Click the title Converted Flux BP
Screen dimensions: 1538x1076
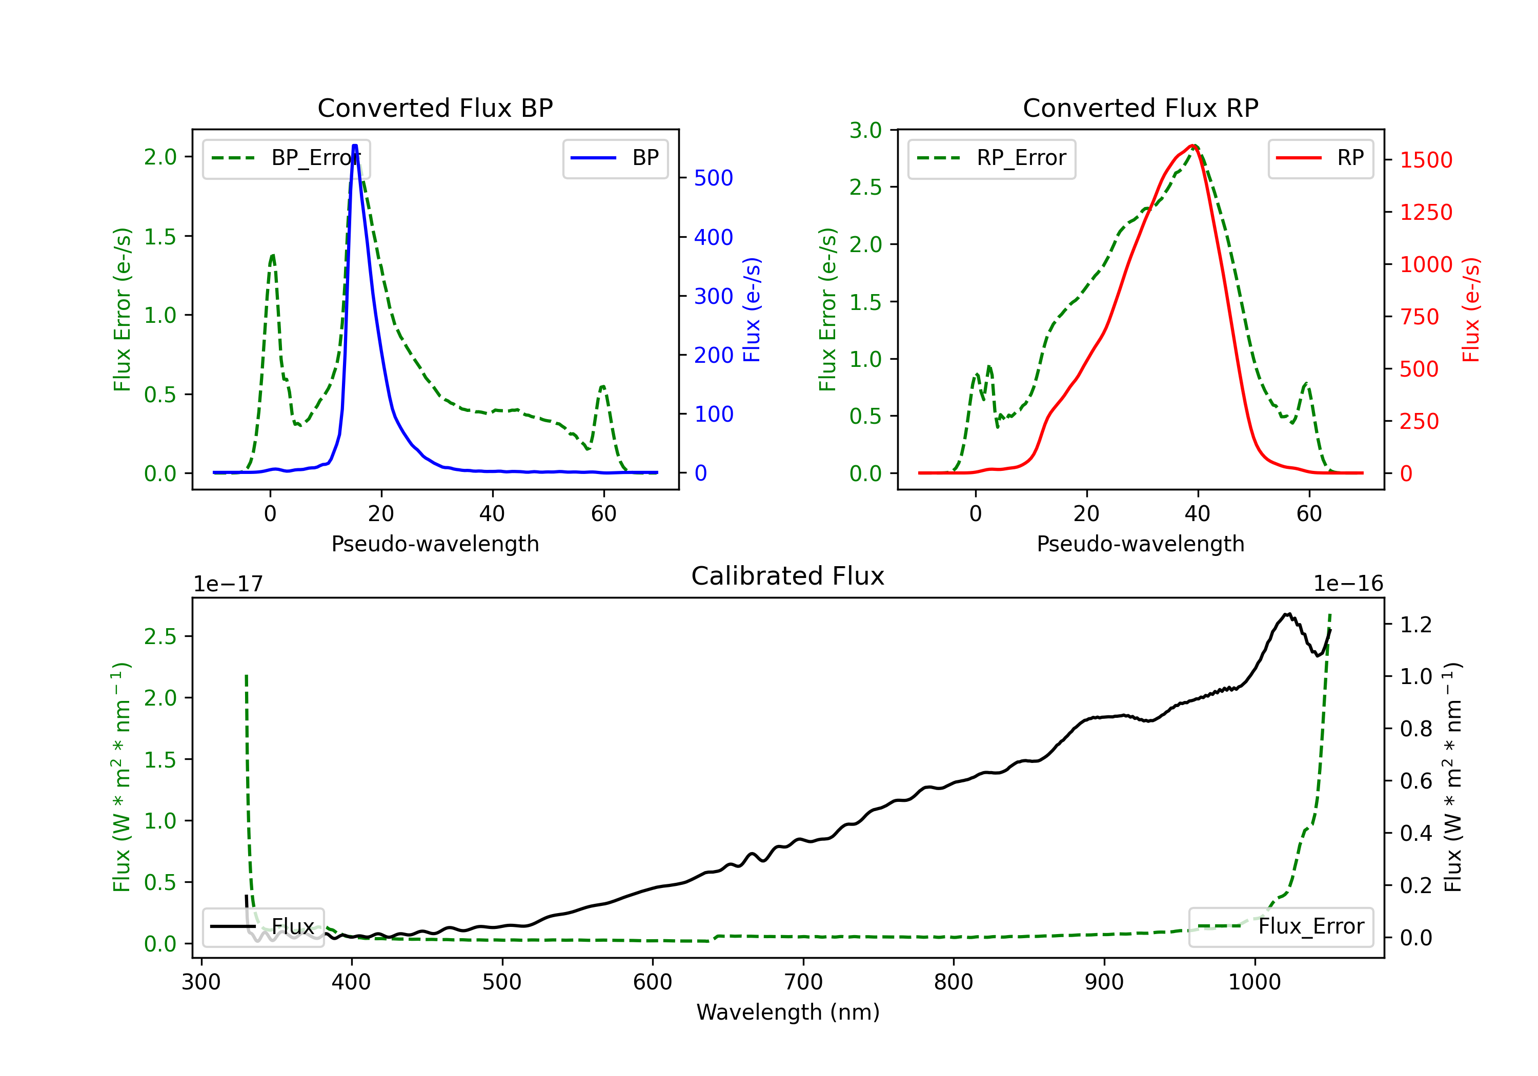pos(435,108)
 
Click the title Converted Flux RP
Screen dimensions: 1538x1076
pos(1141,108)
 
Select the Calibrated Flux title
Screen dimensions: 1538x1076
pos(788,576)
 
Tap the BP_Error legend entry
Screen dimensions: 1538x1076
pos(286,158)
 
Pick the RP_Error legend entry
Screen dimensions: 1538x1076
pos(991,158)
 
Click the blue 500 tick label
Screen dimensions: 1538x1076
pos(714,178)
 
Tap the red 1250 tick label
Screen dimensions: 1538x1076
pos(1427,212)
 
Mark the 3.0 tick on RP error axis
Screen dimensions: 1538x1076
pos(865,131)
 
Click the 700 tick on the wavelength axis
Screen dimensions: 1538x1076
pos(803,982)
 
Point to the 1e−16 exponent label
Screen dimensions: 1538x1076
pos(1348,584)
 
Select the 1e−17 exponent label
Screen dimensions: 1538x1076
pos(229,584)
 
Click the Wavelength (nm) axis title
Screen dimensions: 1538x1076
pos(788,1012)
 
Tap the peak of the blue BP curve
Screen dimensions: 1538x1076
pos(355,146)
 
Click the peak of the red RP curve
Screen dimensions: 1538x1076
pos(1193,146)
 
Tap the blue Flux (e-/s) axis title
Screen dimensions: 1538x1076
pos(752,310)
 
